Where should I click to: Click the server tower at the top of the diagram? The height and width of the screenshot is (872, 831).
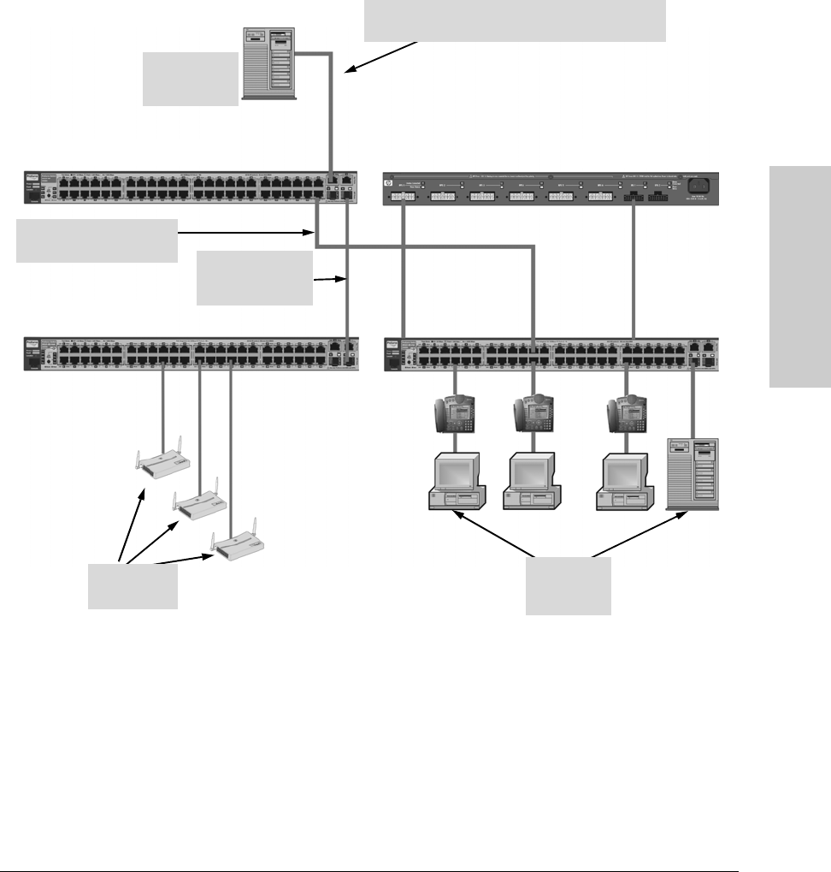tap(270, 62)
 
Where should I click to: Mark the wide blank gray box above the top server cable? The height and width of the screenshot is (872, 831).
tap(515, 21)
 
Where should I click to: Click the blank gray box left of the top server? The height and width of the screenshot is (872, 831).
tap(190, 79)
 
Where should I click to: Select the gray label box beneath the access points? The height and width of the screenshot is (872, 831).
tap(133, 587)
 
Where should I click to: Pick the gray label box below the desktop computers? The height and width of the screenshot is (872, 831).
tap(568, 586)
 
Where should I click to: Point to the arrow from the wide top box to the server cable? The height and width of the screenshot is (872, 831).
tap(381, 57)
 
